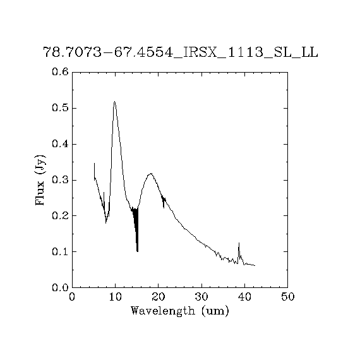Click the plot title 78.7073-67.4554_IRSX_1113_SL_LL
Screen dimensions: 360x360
(181, 52)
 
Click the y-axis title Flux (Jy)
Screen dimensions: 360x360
(40, 180)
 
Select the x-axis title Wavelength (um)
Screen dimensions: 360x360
(180, 311)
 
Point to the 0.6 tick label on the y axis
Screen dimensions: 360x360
(61, 72)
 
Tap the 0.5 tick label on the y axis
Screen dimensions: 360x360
(61, 108)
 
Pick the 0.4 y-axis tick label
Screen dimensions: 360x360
(61, 144)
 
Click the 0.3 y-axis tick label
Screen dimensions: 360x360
(61, 180)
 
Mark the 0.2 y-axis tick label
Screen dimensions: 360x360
(61, 215)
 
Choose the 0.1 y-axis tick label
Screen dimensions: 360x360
(61, 251)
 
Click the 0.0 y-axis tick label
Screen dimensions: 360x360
(61, 287)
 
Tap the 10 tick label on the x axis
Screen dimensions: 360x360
(115, 297)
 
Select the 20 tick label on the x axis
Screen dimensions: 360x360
(159, 297)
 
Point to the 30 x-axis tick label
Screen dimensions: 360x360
(201, 297)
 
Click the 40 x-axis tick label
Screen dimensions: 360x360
(244, 297)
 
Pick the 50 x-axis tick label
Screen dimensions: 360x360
(287, 297)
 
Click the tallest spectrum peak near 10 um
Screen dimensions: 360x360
(114, 101)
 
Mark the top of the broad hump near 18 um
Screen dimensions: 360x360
(151, 173)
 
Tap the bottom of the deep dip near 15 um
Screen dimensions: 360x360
(137, 251)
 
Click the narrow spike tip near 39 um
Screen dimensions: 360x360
(239, 243)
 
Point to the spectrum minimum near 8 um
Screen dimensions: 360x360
(106, 223)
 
